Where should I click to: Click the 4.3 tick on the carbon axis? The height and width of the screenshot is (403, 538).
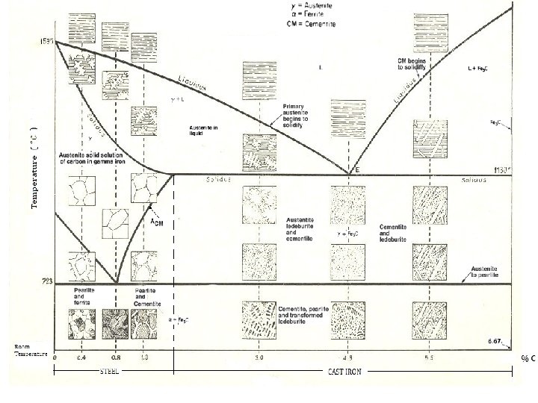coord(348,358)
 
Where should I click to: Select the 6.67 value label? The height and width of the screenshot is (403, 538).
coord(494,340)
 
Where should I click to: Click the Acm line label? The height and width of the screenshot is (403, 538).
coord(158,223)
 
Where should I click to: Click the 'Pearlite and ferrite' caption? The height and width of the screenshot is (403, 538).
coord(83,293)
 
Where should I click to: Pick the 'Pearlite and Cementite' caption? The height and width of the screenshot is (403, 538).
coord(145,293)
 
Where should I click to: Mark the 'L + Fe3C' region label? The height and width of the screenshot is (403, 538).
coord(478,68)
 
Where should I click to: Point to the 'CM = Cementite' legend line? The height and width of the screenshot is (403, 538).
coord(312,24)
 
